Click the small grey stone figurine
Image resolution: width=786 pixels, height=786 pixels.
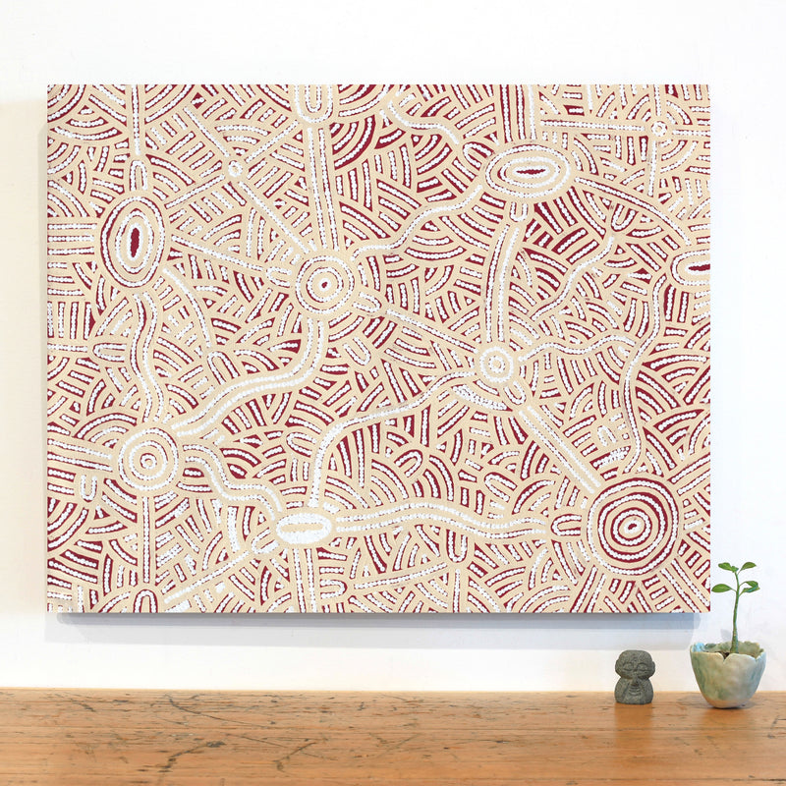[634, 677]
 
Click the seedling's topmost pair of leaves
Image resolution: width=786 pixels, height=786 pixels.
[736, 567]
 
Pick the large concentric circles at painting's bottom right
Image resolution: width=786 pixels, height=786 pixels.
[634, 525]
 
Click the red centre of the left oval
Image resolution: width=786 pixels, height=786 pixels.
[134, 239]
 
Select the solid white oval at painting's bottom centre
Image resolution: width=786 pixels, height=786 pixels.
[305, 529]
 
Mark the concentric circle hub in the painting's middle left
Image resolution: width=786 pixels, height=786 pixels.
[324, 285]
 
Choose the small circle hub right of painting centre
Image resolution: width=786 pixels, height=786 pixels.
[496, 364]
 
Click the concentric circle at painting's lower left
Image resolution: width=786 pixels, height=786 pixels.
[148, 459]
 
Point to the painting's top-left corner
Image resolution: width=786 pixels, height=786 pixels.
[48, 86]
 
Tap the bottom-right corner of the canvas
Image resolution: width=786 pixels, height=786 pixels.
[708, 611]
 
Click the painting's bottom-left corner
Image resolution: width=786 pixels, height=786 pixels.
[48, 609]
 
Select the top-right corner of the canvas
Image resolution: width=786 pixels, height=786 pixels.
[708, 86]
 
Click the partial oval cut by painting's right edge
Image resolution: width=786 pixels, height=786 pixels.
[694, 266]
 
